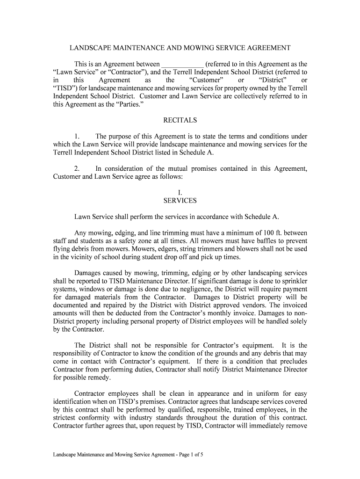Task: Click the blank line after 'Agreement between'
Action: tap(182, 64)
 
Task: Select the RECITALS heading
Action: tap(180, 120)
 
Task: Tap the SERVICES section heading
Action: tap(180, 201)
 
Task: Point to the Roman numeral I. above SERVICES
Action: tap(180, 193)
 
